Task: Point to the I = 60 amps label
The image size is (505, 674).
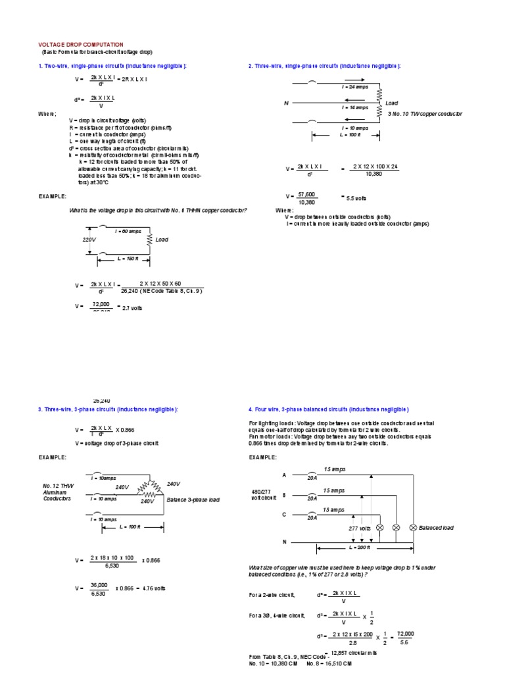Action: (x=128, y=232)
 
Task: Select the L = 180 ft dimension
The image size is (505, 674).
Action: (x=128, y=259)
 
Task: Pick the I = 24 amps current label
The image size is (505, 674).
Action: (x=354, y=87)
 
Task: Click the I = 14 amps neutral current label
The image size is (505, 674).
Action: (x=354, y=107)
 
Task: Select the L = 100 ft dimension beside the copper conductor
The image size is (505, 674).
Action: (x=350, y=134)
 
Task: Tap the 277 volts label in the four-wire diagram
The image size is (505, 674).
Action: (x=360, y=528)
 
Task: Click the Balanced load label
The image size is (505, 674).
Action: (x=436, y=528)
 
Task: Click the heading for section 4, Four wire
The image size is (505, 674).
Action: (x=329, y=409)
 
